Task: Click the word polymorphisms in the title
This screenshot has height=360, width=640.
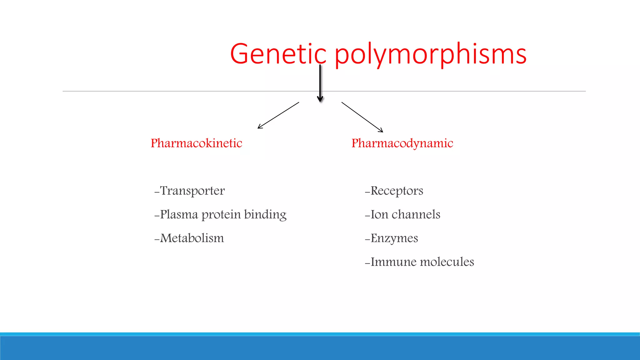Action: click(x=431, y=55)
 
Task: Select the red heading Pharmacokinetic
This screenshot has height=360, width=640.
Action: click(x=196, y=143)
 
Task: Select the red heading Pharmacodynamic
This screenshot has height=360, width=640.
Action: click(x=402, y=143)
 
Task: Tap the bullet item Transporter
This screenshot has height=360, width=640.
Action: click(x=192, y=191)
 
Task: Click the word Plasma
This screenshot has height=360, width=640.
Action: click(x=179, y=214)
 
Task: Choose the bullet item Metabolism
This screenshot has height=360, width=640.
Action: click(x=192, y=238)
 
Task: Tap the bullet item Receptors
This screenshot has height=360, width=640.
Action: click(x=397, y=191)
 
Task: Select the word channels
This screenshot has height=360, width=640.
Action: click(x=416, y=214)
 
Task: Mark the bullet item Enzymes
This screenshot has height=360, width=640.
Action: click(x=394, y=238)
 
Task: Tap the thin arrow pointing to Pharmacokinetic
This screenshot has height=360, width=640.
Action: click(x=278, y=115)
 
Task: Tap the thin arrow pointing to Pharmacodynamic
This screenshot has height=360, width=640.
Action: click(x=362, y=117)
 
